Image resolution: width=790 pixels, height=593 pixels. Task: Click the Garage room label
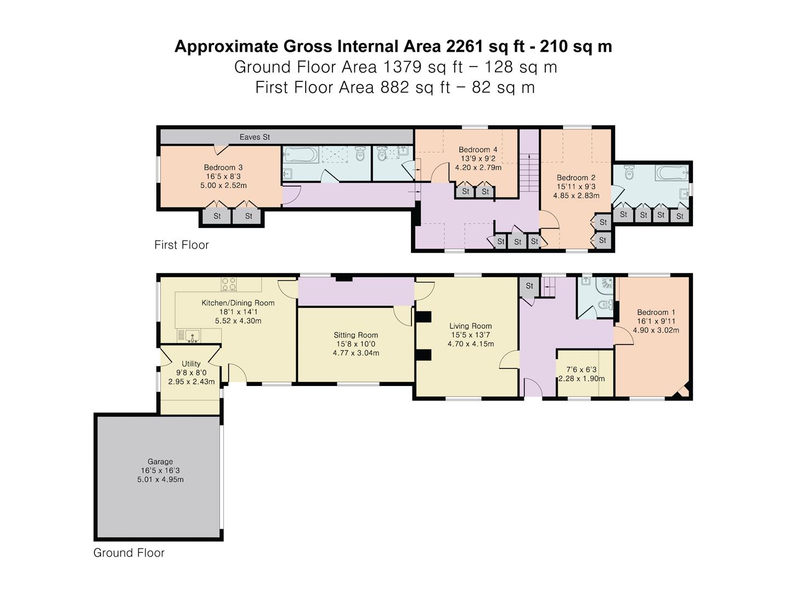click(x=160, y=462)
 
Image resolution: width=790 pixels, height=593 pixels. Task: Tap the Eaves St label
click(x=255, y=137)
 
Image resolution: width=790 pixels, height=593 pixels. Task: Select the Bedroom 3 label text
click(x=223, y=167)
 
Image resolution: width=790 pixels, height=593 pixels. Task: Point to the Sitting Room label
click(x=356, y=335)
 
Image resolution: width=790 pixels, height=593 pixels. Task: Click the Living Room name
click(x=470, y=326)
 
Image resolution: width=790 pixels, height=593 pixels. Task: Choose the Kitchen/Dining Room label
click(x=238, y=303)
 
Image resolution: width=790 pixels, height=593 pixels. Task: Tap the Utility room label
click(x=191, y=363)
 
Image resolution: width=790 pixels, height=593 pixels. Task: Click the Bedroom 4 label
click(x=478, y=149)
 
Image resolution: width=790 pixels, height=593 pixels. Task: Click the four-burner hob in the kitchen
click(x=229, y=284)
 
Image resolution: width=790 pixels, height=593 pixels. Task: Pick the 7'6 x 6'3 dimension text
click(x=581, y=370)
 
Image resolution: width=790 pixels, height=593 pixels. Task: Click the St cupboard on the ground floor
click(x=529, y=286)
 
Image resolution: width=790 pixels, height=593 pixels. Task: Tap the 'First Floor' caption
click(x=181, y=245)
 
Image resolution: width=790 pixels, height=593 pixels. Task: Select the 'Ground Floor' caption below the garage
click(x=129, y=553)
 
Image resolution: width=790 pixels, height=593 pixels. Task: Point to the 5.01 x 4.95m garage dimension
click(x=160, y=479)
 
